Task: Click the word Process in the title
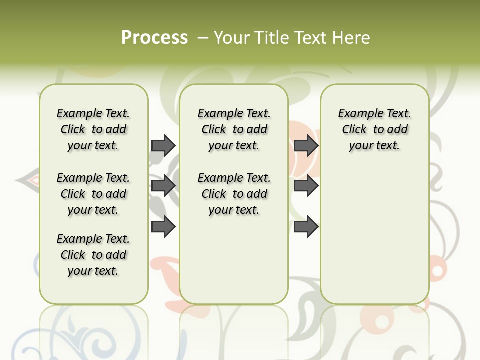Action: coord(154,38)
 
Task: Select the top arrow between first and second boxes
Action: coord(163,145)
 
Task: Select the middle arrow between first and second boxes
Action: coord(163,186)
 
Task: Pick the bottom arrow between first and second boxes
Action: coord(163,227)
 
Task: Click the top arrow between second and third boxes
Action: coord(306,145)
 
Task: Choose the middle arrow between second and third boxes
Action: coord(306,186)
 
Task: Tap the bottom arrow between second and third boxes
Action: coord(306,227)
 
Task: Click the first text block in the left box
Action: coord(93,129)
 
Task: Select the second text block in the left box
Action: coord(93,194)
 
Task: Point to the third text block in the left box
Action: coord(93,255)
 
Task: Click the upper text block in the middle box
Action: coord(234,129)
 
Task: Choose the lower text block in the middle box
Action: coord(234,194)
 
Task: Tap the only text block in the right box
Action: coord(374,129)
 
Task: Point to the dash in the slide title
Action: coord(203,38)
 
